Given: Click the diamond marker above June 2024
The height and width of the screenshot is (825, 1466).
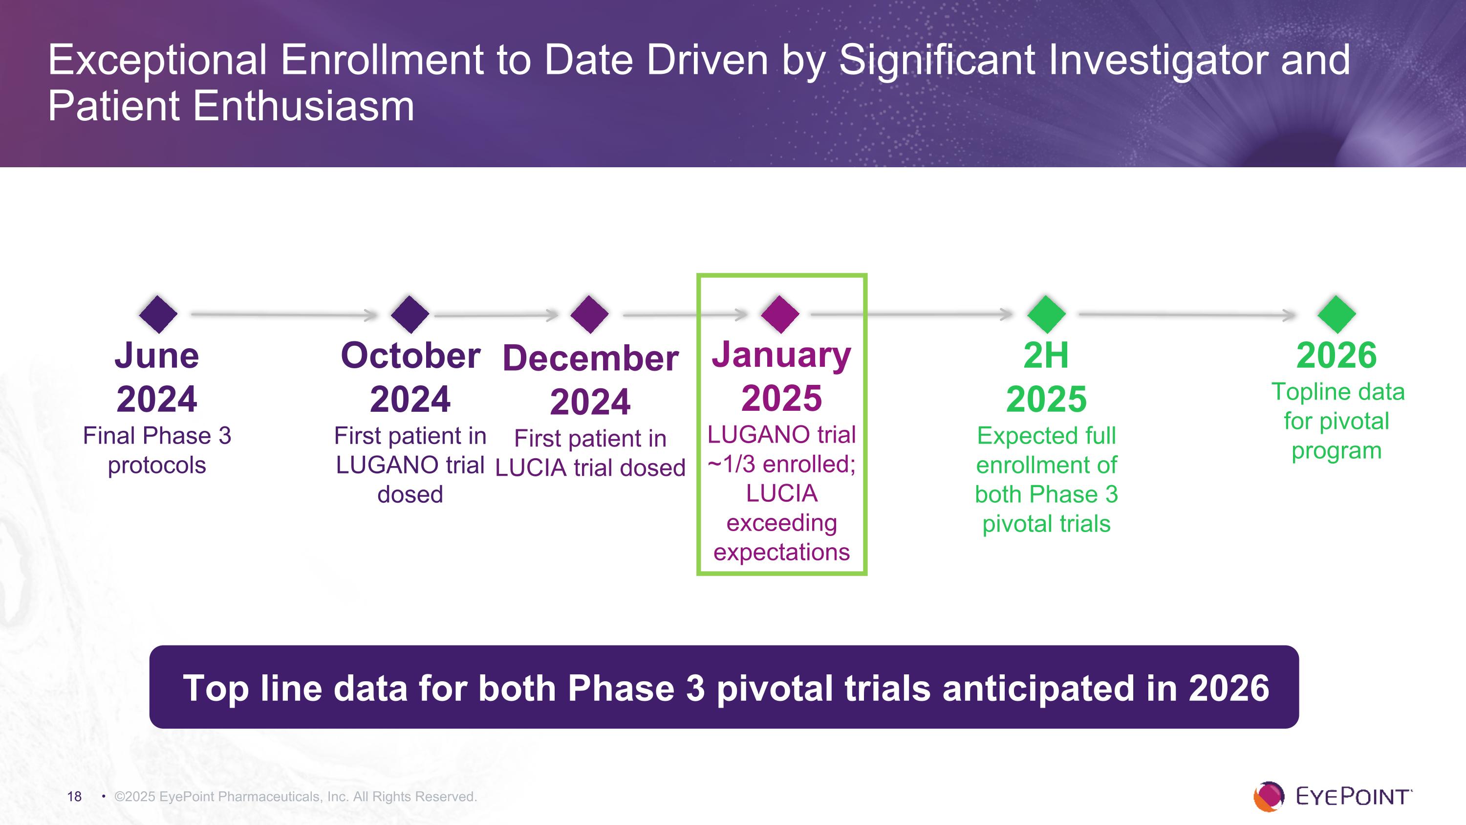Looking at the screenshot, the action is click(x=158, y=314).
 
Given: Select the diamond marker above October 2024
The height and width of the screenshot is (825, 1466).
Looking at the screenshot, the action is click(x=410, y=314).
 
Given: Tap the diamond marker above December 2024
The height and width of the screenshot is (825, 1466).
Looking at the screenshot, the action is click(x=590, y=314).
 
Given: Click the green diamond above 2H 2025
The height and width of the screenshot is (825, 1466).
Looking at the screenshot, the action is click(x=1046, y=314).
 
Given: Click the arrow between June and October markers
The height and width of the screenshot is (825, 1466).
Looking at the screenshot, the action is click(x=284, y=314).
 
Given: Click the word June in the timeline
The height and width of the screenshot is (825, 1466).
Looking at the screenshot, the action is click(x=157, y=356).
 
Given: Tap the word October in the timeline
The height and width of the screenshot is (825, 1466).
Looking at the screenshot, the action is click(x=410, y=356).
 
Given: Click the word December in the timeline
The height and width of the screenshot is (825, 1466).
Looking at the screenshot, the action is click(x=590, y=358).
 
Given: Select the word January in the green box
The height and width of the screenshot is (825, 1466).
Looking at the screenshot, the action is click(x=781, y=355).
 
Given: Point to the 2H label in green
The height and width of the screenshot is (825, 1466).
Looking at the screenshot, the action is click(x=1046, y=356).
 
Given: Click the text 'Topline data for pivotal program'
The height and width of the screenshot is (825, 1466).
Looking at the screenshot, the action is click(x=1337, y=422).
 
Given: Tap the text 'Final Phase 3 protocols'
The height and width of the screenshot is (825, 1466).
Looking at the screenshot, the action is click(x=157, y=450).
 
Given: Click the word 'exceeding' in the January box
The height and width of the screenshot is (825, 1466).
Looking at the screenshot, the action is click(x=781, y=523).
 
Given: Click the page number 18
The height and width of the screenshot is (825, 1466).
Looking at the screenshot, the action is click(x=75, y=797).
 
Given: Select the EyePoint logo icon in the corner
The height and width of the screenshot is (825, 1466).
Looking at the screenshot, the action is click(x=1269, y=796).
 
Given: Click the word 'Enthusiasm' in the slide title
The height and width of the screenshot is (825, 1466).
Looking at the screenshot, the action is click(x=303, y=107).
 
